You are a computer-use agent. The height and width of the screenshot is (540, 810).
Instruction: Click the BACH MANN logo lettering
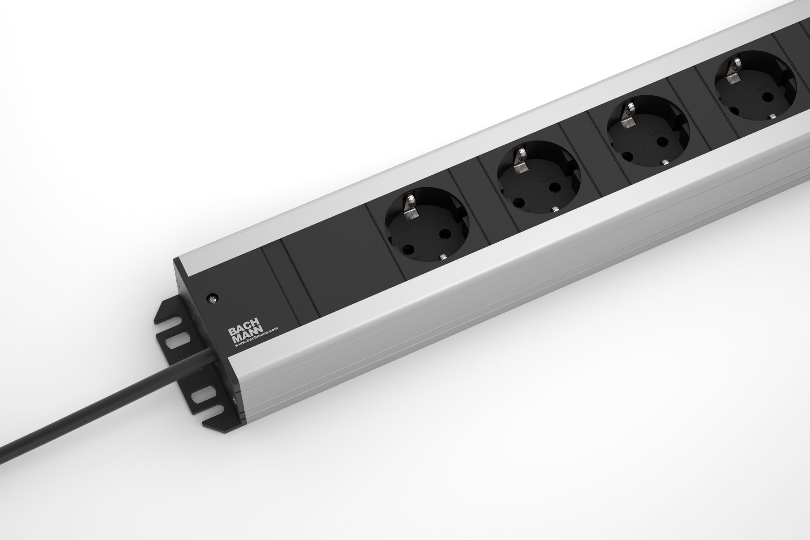(x=246, y=333)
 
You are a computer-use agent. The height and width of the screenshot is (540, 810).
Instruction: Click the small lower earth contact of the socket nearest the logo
(x=444, y=256)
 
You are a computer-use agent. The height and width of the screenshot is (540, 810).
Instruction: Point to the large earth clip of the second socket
(x=520, y=158)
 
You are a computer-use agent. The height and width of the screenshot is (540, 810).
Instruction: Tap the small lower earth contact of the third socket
(x=665, y=162)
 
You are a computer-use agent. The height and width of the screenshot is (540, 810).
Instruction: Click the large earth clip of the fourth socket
(x=733, y=71)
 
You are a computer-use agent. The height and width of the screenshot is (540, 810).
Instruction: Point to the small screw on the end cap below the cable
(x=235, y=401)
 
